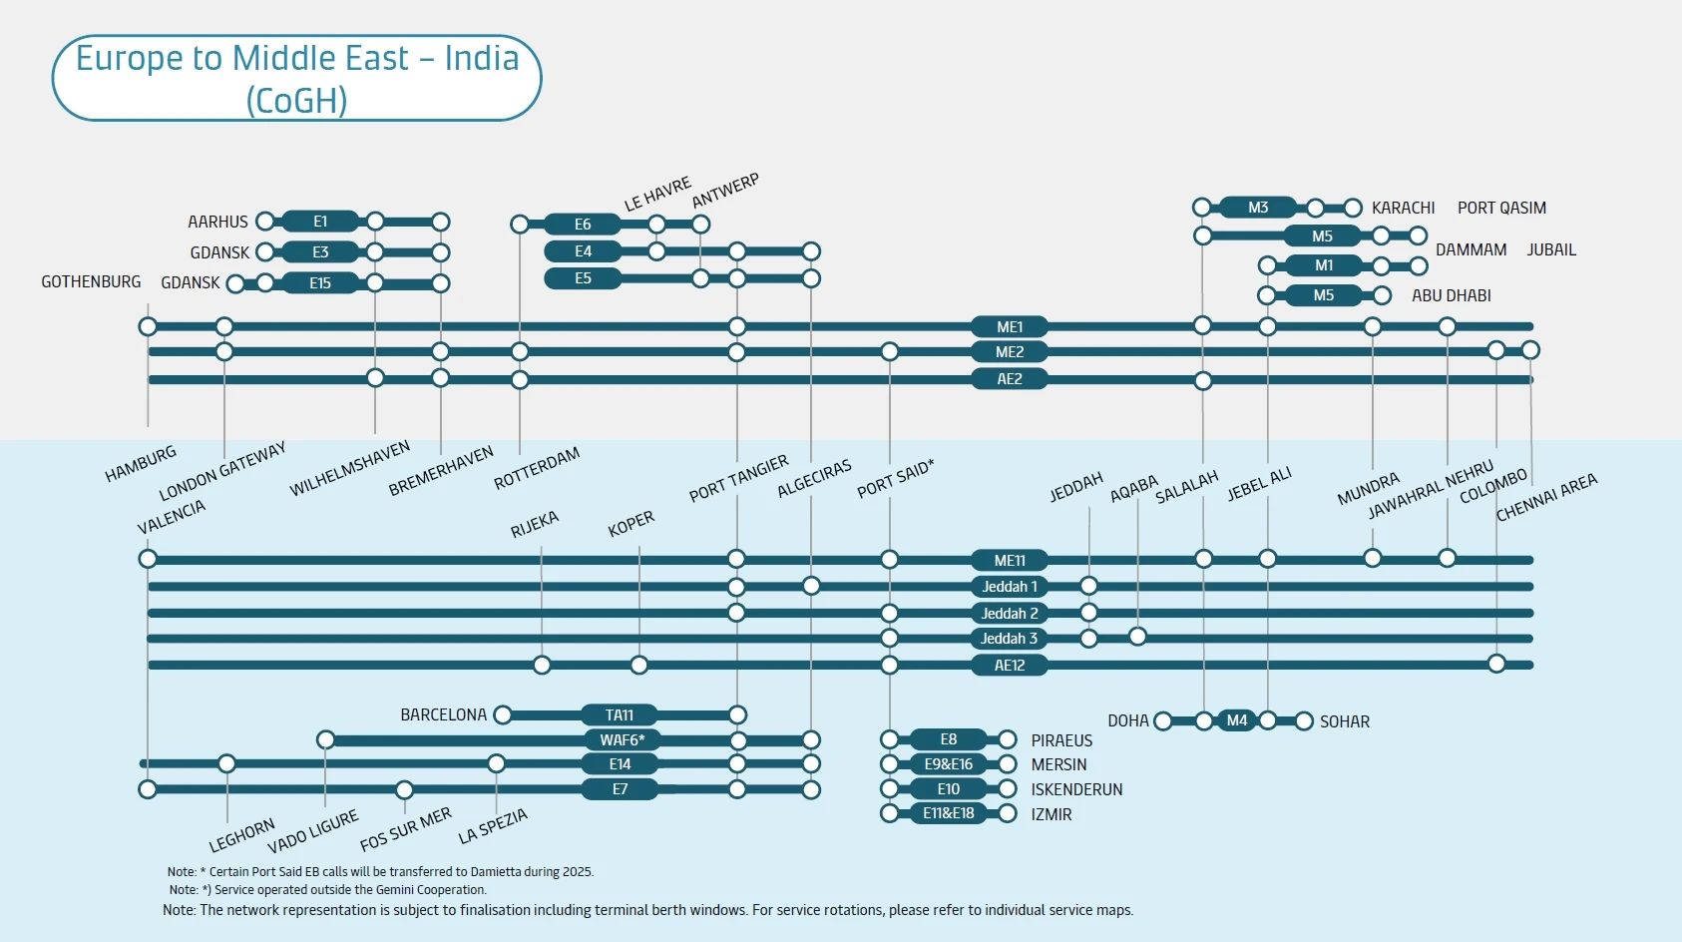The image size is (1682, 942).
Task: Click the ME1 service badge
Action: tap(1009, 327)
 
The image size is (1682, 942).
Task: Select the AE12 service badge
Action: tap(1009, 666)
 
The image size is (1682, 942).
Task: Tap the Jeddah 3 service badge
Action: tap(1009, 639)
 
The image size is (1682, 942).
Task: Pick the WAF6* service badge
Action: tap(622, 740)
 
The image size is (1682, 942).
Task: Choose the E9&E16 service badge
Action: tap(948, 764)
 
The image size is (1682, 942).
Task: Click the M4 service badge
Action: tap(1236, 720)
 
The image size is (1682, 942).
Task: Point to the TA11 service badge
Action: tap(619, 715)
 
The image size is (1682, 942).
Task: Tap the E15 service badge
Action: tap(319, 283)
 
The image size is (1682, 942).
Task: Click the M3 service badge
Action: tap(1258, 208)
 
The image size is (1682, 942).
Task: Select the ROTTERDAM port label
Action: tap(537, 468)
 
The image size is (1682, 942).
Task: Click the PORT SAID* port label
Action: tap(895, 478)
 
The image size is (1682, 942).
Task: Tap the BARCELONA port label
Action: tap(443, 715)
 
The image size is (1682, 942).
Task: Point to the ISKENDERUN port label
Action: tap(1076, 789)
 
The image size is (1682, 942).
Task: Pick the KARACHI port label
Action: tap(1403, 208)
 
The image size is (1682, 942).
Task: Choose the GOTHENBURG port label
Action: tap(91, 282)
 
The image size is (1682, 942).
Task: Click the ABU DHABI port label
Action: tap(1451, 295)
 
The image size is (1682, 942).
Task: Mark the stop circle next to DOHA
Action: tap(1163, 720)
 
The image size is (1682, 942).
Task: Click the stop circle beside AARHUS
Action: tap(265, 222)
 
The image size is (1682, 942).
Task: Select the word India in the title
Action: tap(481, 58)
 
